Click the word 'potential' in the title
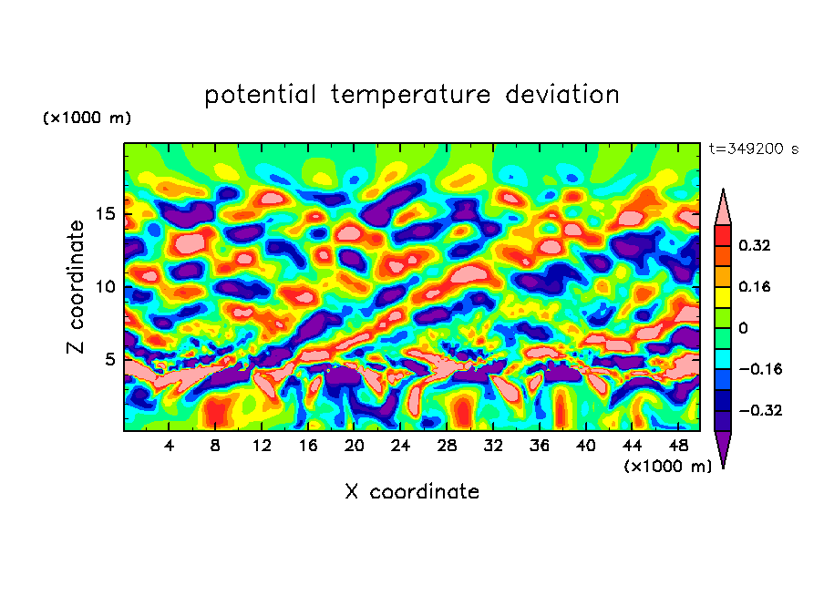click(x=261, y=95)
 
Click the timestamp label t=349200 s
click(x=753, y=149)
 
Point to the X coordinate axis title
click(x=412, y=492)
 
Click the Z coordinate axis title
click(x=77, y=286)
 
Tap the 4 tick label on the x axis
click(x=170, y=446)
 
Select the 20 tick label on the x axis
click(x=355, y=446)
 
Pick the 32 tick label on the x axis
click(x=493, y=446)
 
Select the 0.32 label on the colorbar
click(x=756, y=245)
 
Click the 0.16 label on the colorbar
click(x=756, y=286)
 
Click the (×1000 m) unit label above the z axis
click(x=87, y=118)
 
